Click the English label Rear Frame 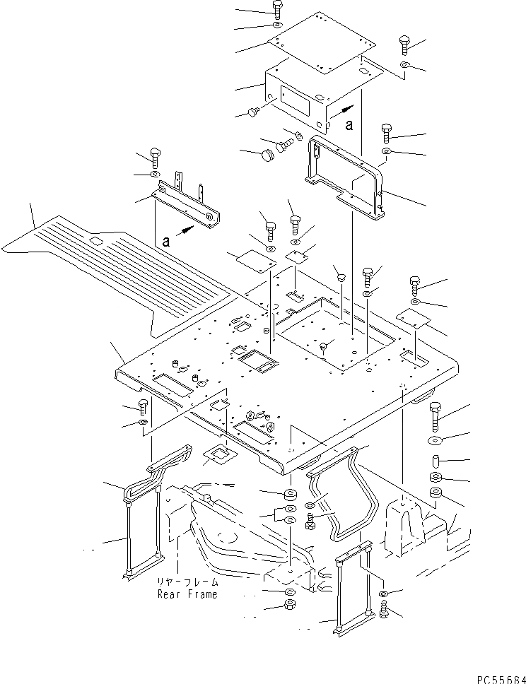(x=187, y=594)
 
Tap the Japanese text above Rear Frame (x=187, y=584)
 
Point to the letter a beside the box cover (x=349, y=125)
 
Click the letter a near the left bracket (x=166, y=241)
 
